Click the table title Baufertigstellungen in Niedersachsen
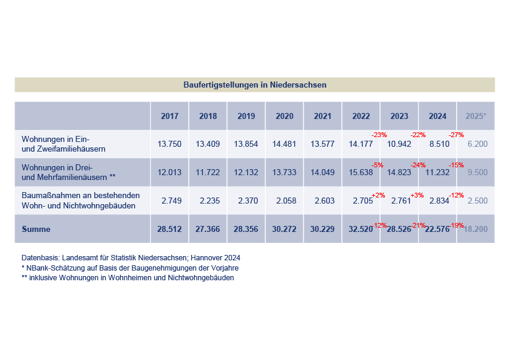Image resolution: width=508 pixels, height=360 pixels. coord(255,85)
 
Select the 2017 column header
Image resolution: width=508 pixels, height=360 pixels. coord(170,116)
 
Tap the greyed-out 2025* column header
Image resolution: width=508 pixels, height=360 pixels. coord(476,116)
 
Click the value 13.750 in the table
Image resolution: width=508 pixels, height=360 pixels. coord(170,144)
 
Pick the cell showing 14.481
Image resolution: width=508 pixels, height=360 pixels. coord(284,144)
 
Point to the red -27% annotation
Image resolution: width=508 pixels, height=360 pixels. coord(456,135)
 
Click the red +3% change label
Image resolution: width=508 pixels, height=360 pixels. coord(417,195)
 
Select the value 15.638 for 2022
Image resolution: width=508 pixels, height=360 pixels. coord(361,172)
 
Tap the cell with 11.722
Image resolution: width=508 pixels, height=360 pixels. coord(208,172)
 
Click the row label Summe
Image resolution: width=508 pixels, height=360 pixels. coord(36,229)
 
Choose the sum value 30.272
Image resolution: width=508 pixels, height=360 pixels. coord(284,229)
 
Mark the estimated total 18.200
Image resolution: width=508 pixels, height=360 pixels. coord(475,229)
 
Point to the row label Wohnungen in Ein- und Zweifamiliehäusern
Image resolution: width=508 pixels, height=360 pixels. coord(63,144)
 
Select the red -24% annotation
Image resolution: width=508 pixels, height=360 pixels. coord(418,165)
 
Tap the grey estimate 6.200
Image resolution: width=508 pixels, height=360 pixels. coord(478,144)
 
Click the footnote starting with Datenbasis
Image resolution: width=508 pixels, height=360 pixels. coord(131,258)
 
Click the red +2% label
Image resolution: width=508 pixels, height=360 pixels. coord(378,195)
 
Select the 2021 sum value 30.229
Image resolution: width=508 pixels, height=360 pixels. coord(323,229)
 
